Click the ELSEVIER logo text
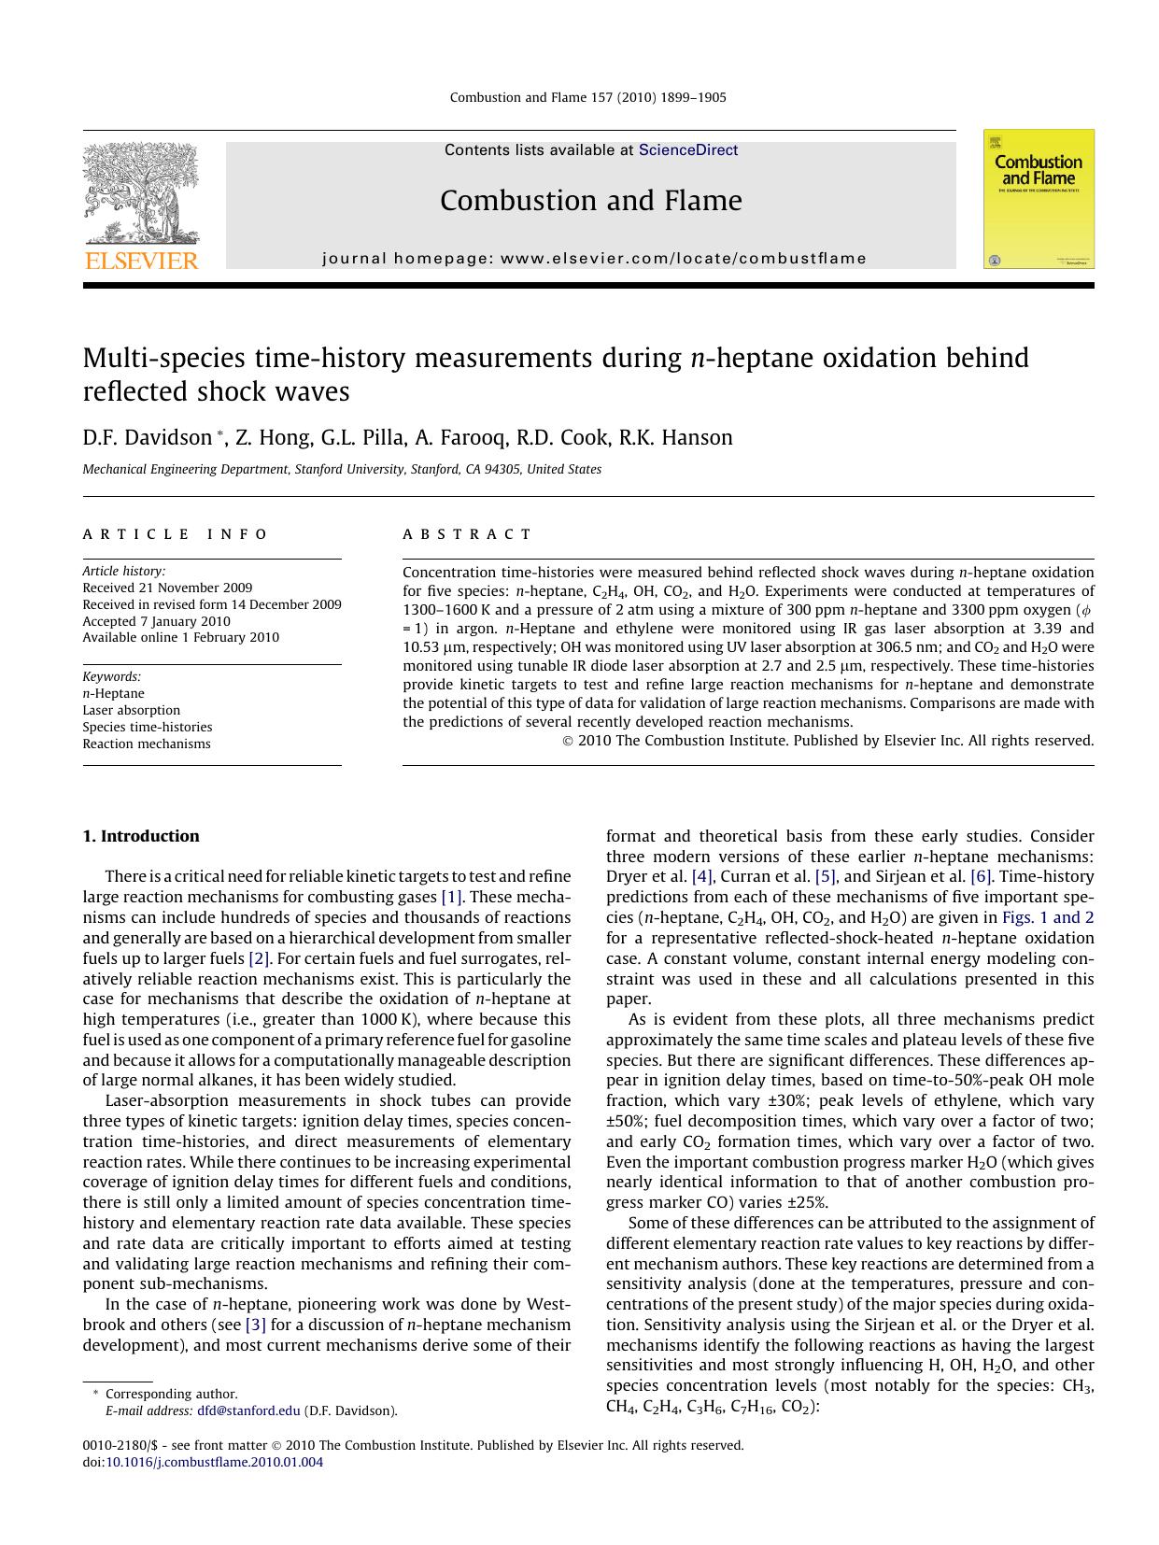coord(141,262)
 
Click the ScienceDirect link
coord(688,150)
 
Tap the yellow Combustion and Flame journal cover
coord(1039,199)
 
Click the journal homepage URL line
coord(594,259)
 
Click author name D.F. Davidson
coord(148,438)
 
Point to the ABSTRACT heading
coord(467,534)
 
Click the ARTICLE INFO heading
coord(175,534)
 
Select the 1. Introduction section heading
coord(141,836)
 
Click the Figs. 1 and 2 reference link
coord(1048,917)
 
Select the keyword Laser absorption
coord(131,710)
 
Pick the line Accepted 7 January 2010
coord(156,621)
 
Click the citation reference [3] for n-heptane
coord(256,1325)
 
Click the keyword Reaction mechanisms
coord(147,744)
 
